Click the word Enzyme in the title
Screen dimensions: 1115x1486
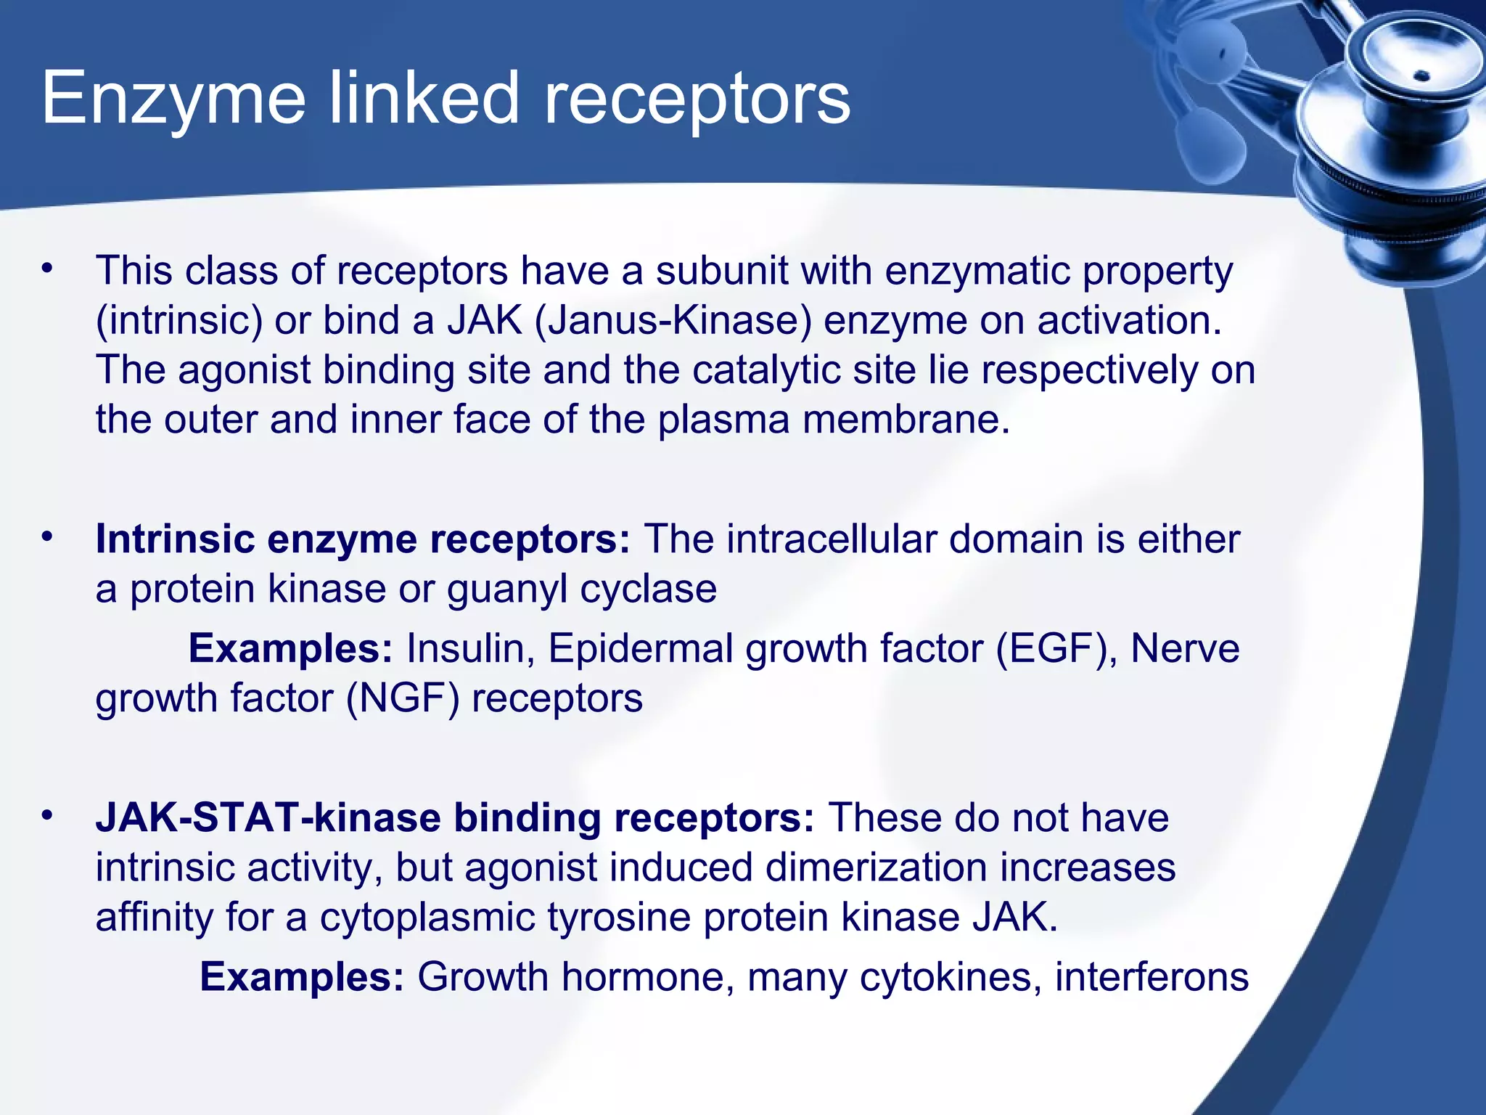[174, 100]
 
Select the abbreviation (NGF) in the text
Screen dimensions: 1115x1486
[403, 698]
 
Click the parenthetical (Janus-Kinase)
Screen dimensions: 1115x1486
[673, 321]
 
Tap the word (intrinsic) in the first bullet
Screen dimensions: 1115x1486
[178, 321]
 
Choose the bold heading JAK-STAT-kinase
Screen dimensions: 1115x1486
[268, 818]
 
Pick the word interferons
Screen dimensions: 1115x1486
[1152, 977]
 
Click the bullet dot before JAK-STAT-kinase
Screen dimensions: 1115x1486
[48, 816]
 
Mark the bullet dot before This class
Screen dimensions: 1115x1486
[48, 269]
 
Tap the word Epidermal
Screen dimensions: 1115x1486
[640, 648]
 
